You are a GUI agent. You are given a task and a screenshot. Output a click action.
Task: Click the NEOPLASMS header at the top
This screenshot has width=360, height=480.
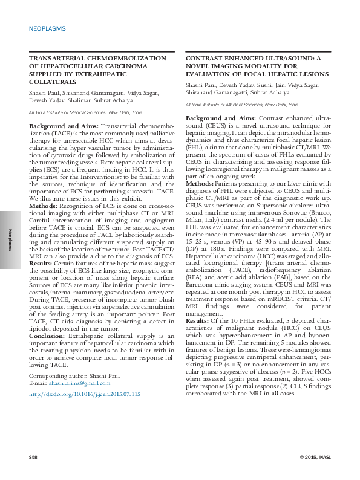click(x=47, y=29)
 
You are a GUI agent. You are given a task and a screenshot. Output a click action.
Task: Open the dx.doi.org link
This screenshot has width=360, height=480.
click(x=85, y=394)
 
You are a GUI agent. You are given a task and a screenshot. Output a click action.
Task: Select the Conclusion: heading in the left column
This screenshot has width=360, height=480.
click(x=49, y=334)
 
